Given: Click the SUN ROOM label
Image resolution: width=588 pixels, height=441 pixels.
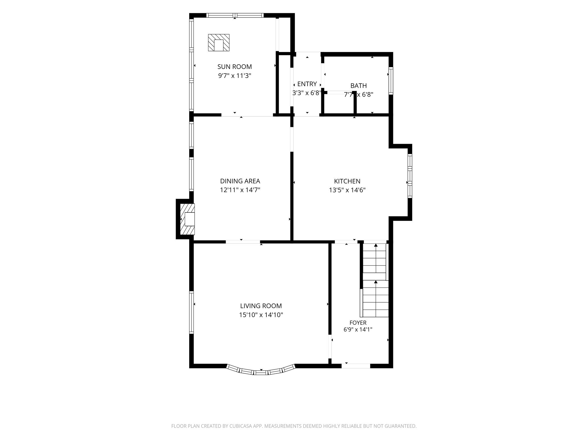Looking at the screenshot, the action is pyautogui.click(x=235, y=67).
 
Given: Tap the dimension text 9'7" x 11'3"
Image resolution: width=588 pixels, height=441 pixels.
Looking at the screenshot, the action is pyautogui.click(x=235, y=76).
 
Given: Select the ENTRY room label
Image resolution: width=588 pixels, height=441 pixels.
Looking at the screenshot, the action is pyautogui.click(x=307, y=84).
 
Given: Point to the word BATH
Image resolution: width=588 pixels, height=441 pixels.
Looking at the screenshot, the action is pyautogui.click(x=359, y=86).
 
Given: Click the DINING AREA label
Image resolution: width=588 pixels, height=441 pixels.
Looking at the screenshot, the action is pyautogui.click(x=240, y=181).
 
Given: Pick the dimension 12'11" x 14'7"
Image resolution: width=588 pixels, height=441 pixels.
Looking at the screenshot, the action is pyautogui.click(x=240, y=190).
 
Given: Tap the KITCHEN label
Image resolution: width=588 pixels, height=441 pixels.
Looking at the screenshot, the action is pyautogui.click(x=347, y=181).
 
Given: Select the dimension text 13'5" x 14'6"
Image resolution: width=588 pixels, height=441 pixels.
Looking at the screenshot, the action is pyautogui.click(x=347, y=190).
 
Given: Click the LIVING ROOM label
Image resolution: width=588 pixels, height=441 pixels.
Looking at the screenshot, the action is pyautogui.click(x=261, y=306).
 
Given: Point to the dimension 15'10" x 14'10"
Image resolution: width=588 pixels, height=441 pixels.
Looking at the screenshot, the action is pyautogui.click(x=261, y=315).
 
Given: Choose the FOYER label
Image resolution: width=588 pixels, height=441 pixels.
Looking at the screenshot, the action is pyautogui.click(x=358, y=323).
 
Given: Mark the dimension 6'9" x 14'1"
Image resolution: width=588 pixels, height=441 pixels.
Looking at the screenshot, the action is pyautogui.click(x=358, y=330).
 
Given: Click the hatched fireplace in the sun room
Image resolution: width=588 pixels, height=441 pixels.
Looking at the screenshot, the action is pyautogui.click(x=219, y=43).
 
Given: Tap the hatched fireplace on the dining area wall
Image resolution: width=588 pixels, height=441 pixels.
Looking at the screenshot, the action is pyautogui.click(x=187, y=219).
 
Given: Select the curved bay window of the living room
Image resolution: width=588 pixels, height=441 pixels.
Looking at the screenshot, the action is pyautogui.click(x=261, y=372).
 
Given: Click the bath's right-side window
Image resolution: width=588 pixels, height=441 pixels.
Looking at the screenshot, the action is pyautogui.click(x=391, y=81).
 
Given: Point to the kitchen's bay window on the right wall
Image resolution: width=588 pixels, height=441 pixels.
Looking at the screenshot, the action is pyautogui.click(x=410, y=176).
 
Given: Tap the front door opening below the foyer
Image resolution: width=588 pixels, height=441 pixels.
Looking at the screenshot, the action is pyautogui.click(x=356, y=366).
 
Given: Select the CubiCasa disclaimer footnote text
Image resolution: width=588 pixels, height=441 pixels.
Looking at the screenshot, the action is pyautogui.click(x=294, y=426).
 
